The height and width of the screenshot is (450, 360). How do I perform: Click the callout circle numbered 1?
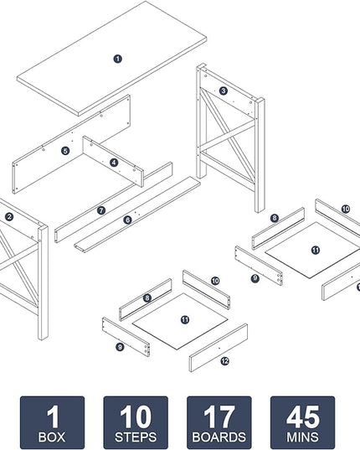pos(117,59)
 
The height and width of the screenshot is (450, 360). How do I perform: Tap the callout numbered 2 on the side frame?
pos(9,217)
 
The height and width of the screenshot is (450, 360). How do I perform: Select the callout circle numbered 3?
pos(224,91)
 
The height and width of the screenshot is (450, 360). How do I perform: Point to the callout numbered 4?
pos(114,163)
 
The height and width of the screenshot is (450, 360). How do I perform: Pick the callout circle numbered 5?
pos(65,151)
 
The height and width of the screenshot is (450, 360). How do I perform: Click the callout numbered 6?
pos(127,220)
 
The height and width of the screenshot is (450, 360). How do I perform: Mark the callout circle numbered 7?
pos(101,210)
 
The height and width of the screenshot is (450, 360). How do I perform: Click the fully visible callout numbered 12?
pos(224,360)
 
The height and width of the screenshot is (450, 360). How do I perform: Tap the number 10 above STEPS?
pos(136,416)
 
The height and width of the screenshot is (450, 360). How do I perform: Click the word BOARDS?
pos(219,437)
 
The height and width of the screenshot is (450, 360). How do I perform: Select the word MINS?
pos(302,437)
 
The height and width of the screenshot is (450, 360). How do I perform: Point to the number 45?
pos(303,416)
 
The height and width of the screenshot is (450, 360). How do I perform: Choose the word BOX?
pos(52,437)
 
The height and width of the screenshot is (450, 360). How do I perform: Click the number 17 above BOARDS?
pos(219,416)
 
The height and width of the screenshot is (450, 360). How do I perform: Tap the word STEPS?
pos(136,437)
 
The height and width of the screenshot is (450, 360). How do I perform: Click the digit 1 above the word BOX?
pos(53,416)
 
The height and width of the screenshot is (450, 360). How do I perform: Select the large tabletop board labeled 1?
pos(112,57)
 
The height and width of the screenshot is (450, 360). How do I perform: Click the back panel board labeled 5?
pos(72,143)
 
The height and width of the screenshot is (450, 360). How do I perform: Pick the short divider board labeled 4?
pos(113,161)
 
